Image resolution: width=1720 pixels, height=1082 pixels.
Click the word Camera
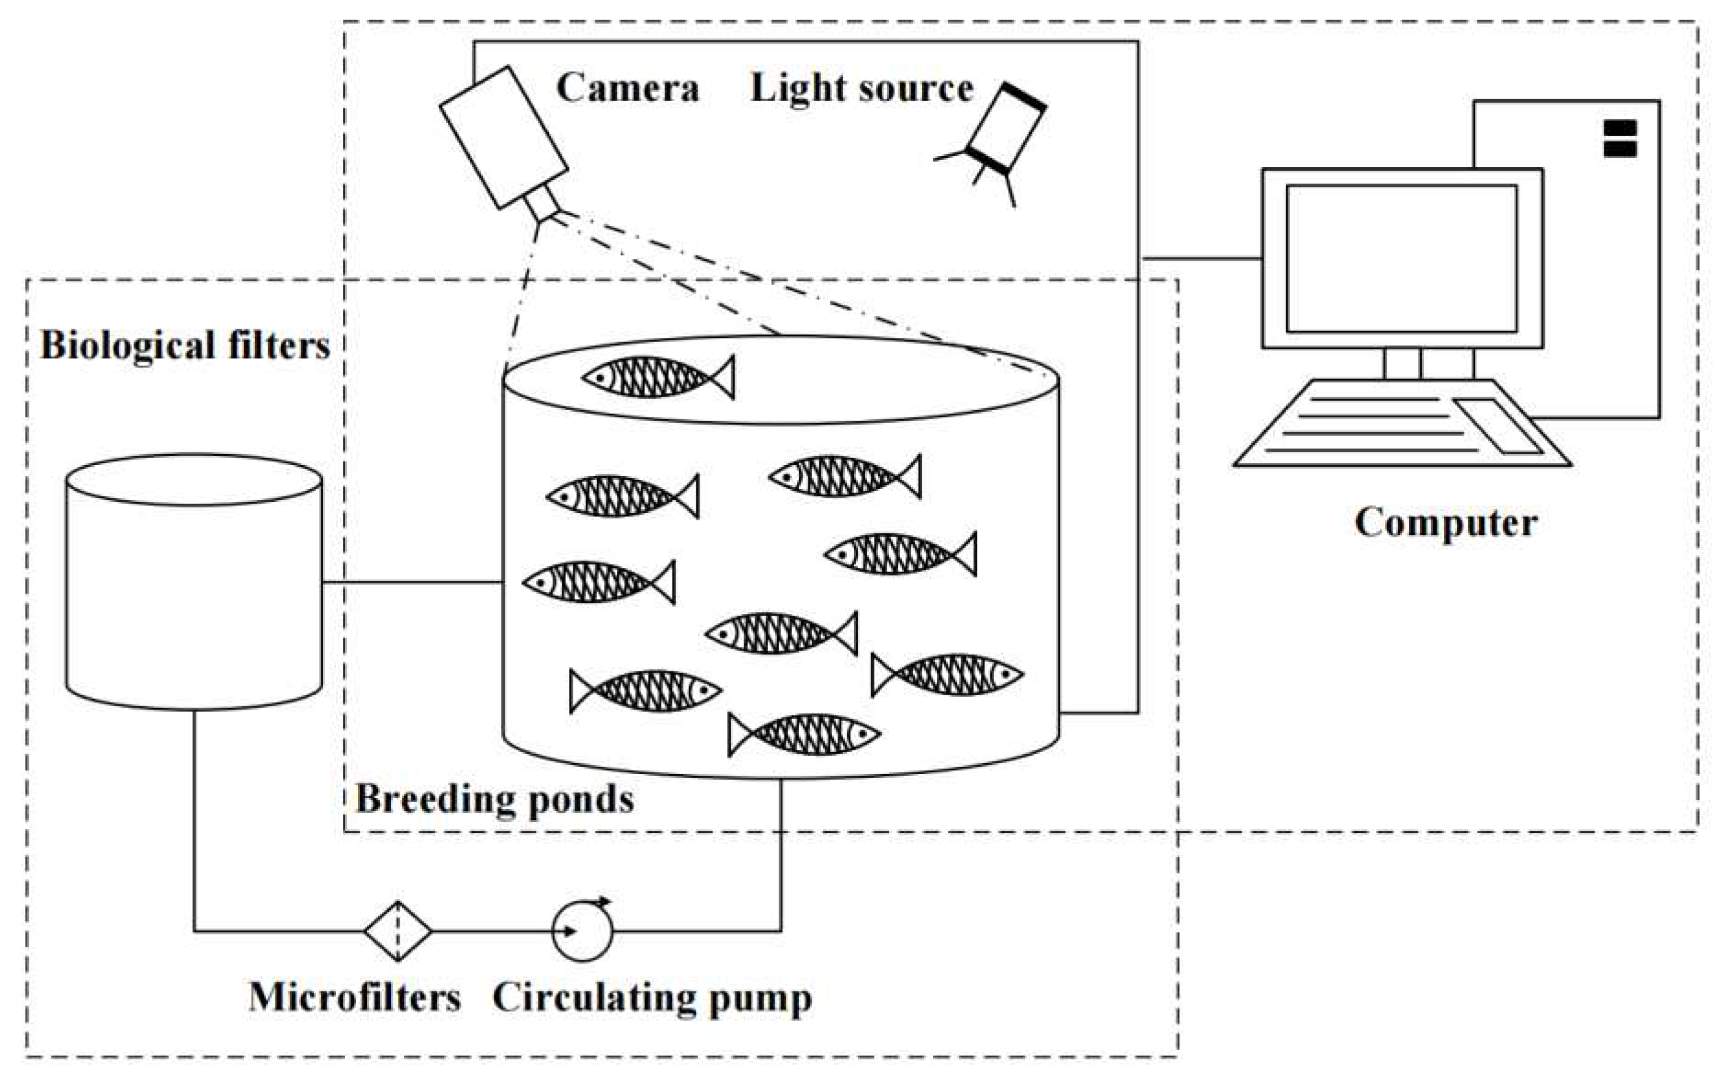coord(627,89)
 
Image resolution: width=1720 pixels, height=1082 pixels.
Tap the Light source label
coord(862,89)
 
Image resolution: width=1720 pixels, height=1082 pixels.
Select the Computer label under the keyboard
coord(1445,522)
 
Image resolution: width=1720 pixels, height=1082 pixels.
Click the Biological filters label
coord(185,346)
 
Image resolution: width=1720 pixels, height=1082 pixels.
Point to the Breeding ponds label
coord(494,799)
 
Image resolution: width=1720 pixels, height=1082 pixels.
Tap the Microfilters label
coord(354,997)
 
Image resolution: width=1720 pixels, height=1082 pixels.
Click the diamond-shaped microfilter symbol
coord(398,931)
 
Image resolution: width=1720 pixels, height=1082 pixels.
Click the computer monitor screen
coord(1401,258)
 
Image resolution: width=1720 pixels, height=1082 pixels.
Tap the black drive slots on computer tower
coord(1620,138)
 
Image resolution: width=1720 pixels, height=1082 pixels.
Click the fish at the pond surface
coord(658,376)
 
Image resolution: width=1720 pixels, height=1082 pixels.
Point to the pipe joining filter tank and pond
coord(412,582)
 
